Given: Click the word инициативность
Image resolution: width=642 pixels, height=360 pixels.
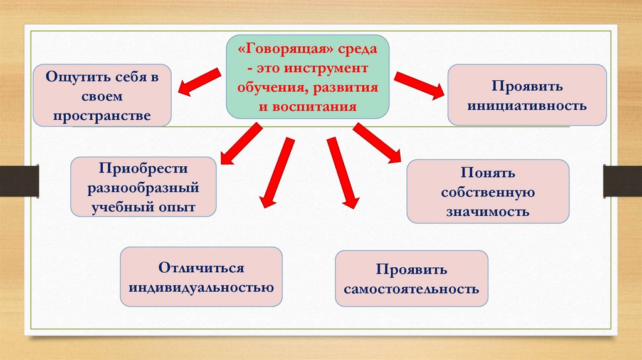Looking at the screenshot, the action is point(527,105).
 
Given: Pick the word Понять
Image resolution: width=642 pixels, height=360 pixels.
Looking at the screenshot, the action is point(488,172).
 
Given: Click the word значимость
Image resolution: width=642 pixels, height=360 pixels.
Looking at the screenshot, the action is point(488,211).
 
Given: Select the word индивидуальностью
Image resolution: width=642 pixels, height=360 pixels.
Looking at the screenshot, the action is point(201,288).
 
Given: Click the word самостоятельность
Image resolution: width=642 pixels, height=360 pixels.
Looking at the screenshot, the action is point(411,289).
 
